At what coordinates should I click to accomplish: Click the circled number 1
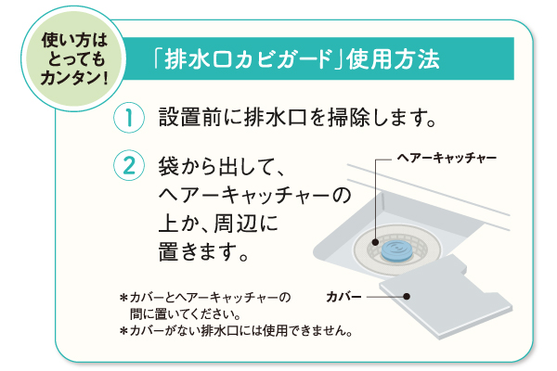click(129, 118)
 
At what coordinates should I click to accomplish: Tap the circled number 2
click(129, 165)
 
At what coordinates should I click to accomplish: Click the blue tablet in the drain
click(396, 250)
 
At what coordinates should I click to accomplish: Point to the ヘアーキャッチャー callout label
click(447, 158)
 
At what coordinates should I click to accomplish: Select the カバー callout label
click(343, 297)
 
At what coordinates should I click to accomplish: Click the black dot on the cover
click(408, 297)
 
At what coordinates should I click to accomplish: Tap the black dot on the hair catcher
click(375, 242)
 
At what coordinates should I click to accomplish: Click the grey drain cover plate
click(447, 297)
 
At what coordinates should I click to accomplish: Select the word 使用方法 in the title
click(393, 59)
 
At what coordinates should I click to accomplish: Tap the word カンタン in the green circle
click(70, 78)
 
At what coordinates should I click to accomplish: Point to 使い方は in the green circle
click(74, 40)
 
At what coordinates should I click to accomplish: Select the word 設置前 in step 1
click(190, 117)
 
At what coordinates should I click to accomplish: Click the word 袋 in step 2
click(169, 166)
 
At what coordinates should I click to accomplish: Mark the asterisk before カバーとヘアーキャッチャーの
click(123, 297)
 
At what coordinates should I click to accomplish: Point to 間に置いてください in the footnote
click(185, 313)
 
